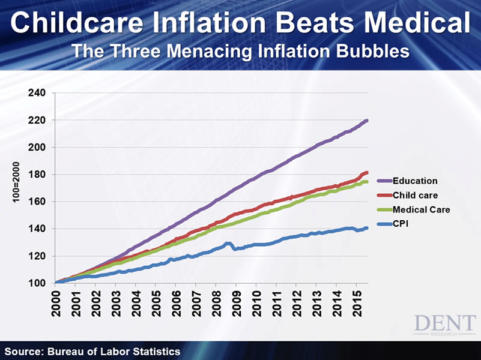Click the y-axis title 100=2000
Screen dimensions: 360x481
[x=17, y=181]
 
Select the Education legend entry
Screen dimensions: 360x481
[x=414, y=181]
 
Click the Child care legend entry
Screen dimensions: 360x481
[x=415, y=195]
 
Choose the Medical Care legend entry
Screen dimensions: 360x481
[x=421, y=209]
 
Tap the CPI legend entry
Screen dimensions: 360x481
[x=401, y=224]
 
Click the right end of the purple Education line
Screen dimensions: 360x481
[x=366, y=121]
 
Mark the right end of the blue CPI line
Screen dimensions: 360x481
[x=366, y=228]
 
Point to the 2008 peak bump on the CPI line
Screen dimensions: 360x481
[x=228, y=244]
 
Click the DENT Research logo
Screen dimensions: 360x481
[x=444, y=324]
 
